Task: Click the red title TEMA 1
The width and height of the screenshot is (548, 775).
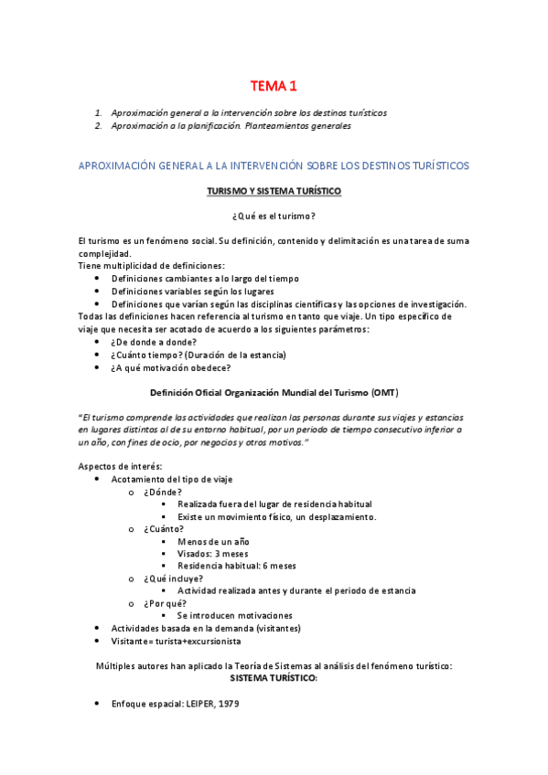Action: click(x=274, y=87)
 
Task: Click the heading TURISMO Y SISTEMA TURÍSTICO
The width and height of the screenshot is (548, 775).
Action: click(x=274, y=191)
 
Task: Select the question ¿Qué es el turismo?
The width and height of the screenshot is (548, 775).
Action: click(x=274, y=216)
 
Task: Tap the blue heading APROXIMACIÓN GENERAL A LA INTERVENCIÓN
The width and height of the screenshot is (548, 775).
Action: click(x=274, y=165)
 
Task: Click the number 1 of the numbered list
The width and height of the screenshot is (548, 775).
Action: click(x=98, y=113)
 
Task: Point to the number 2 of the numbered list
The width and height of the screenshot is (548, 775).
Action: click(x=98, y=126)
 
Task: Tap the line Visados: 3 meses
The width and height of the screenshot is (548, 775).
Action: click(x=212, y=553)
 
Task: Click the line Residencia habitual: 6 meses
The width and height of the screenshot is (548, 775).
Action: click(x=237, y=566)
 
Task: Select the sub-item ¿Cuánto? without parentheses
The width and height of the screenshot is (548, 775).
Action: click(x=164, y=528)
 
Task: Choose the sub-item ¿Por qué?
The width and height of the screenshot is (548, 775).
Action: click(x=166, y=603)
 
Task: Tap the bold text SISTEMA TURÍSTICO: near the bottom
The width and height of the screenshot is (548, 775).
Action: click(x=274, y=679)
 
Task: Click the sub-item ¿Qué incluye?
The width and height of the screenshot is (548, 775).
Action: click(x=174, y=579)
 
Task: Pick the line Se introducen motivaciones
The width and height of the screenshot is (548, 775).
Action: click(x=235, y=615)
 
